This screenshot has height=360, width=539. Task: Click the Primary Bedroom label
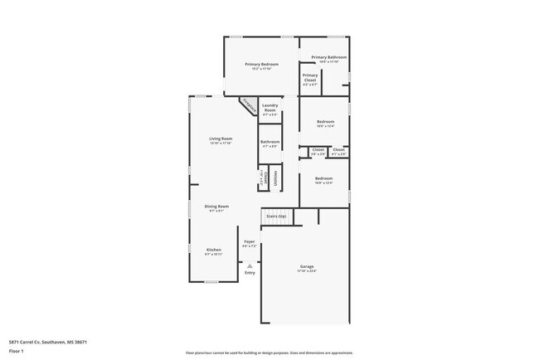pos(260,64)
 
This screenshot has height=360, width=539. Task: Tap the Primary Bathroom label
pos(329,57)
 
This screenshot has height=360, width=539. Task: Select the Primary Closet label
pos(310,75)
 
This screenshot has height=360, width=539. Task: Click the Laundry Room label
pos(269,107)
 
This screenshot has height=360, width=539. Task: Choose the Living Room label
pos(220,139)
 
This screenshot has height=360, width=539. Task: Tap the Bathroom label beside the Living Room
pos(269,142)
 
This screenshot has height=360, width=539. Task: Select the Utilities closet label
pos(276,178)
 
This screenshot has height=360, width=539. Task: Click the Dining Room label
pos(216,206)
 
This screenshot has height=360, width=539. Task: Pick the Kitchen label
pos(213,250)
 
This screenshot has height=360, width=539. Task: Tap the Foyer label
pos(249,241)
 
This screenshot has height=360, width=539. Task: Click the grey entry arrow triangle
pos(249,265)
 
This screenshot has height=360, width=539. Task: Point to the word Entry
pos(250,273)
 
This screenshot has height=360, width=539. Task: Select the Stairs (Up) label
pos(276,216)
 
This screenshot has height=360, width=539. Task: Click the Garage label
pos(307,266)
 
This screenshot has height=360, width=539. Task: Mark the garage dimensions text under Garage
pos(307,271)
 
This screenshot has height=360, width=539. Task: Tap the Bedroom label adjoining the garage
pos(323,178)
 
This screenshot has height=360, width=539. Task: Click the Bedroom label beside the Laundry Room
pos(325,122)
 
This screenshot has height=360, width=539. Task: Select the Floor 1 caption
pos(17,352)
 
